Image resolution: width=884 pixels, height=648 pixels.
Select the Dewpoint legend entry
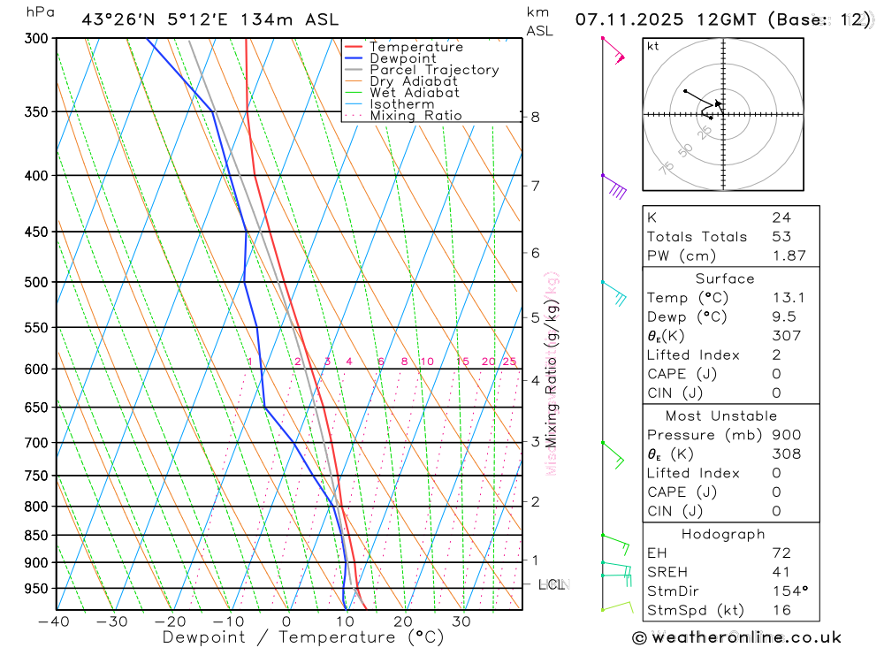click(x=402, y=58)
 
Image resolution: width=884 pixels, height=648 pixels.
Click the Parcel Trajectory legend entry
click(x=434, y=70)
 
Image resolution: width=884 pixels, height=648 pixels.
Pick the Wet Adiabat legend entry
click(x=415, y=93)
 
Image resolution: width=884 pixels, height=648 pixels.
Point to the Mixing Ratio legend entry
click(x=415, y=116)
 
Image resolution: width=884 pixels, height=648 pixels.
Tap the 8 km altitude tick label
click(x=536, y=117)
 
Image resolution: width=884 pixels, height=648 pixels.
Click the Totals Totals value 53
click(x=781, y=237)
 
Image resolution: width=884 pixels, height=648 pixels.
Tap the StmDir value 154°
click(x=789, y=591)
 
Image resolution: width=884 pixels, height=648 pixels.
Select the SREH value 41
click(x=781, y=572)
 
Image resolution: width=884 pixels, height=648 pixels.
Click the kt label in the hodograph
click(x=653, y=46)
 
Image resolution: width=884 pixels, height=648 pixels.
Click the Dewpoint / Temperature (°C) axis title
click(x=303, y=637)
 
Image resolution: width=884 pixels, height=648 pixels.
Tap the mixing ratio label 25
click(x=509, y=362)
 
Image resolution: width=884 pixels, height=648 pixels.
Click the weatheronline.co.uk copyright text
click(x=736, y=637)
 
